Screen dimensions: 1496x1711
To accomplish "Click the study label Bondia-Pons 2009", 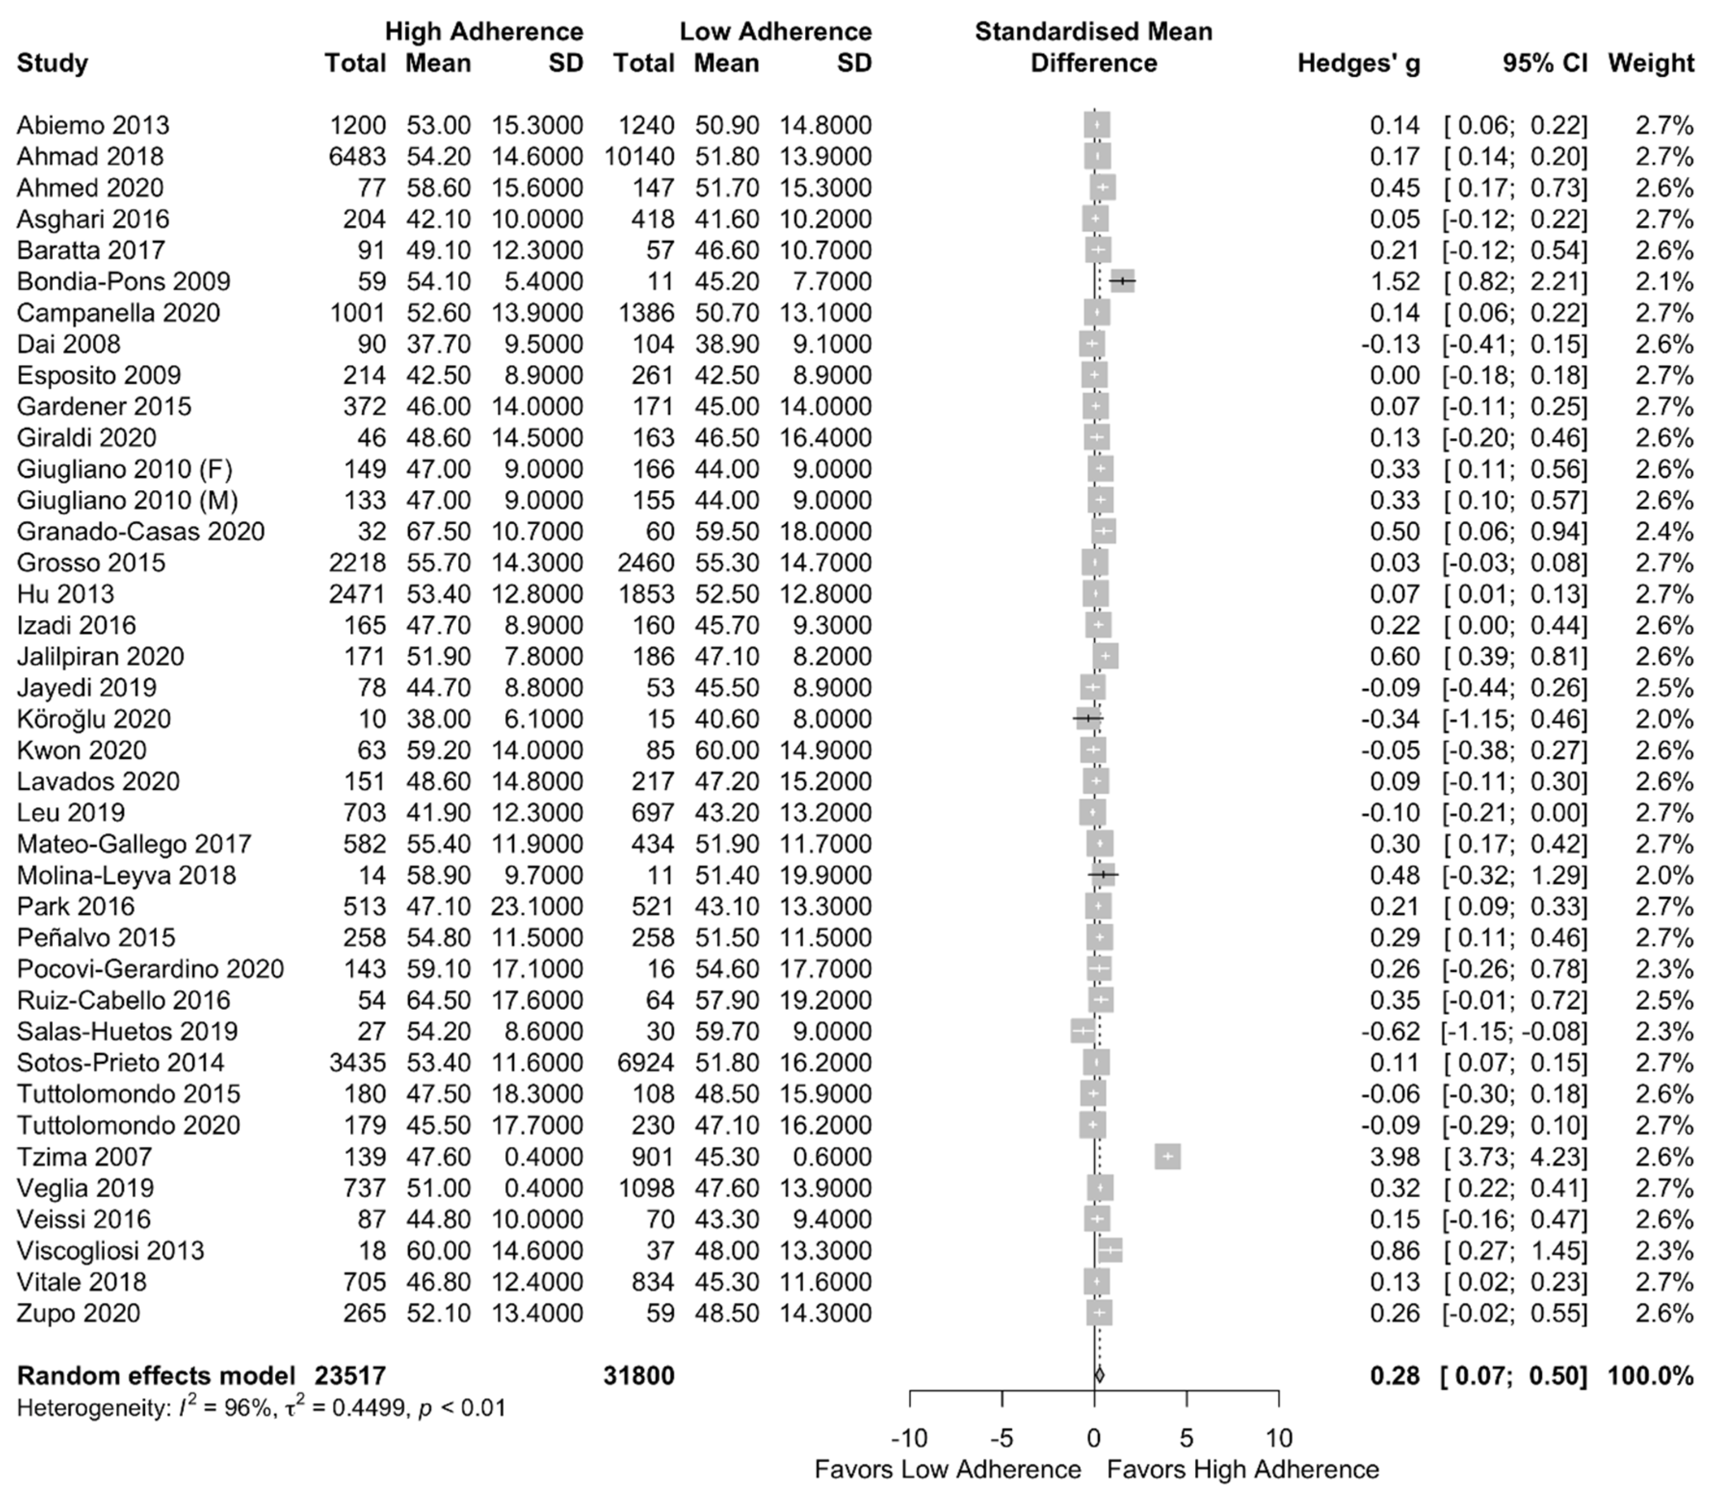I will pyautogui.click(x=124, y=282).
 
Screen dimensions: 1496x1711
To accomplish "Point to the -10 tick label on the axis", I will pyautogui.click(x=909, y=1438).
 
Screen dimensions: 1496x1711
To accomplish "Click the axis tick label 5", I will pyautogui.click(x=1186, y=1438).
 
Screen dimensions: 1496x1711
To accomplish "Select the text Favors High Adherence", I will pyautogui.click(x=1243, y=1469).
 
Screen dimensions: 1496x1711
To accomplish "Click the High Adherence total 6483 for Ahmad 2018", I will pyautogui.click(x=357, y=156).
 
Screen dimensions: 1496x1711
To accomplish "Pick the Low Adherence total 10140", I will pyautogui.click(x=640, y=156).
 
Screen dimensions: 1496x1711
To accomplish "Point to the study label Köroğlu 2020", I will pyautogui.click(x=94, y=719).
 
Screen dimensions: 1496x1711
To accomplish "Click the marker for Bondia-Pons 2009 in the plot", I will pyautogui.click(x=1123, y=282).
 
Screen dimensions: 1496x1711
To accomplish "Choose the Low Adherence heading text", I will pyautogui.click(x=775, y=32).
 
